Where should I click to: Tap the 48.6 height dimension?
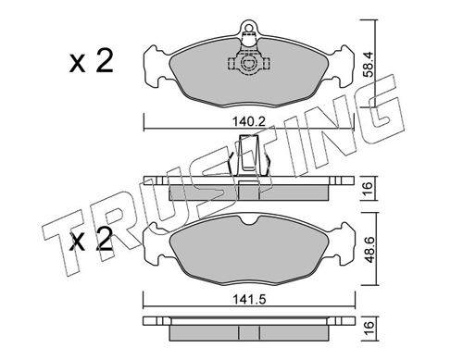pyautogui.click(x=370, y=249)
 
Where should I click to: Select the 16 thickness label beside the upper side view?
pyautogui.click(x=369, y=188)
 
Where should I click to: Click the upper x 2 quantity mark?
pyautogui.click(x=91, y=61)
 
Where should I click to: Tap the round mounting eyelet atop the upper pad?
pyautogui.click(x=248, y=26)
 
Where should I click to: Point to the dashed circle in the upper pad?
pyautogui.click(x=248, y=63)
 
